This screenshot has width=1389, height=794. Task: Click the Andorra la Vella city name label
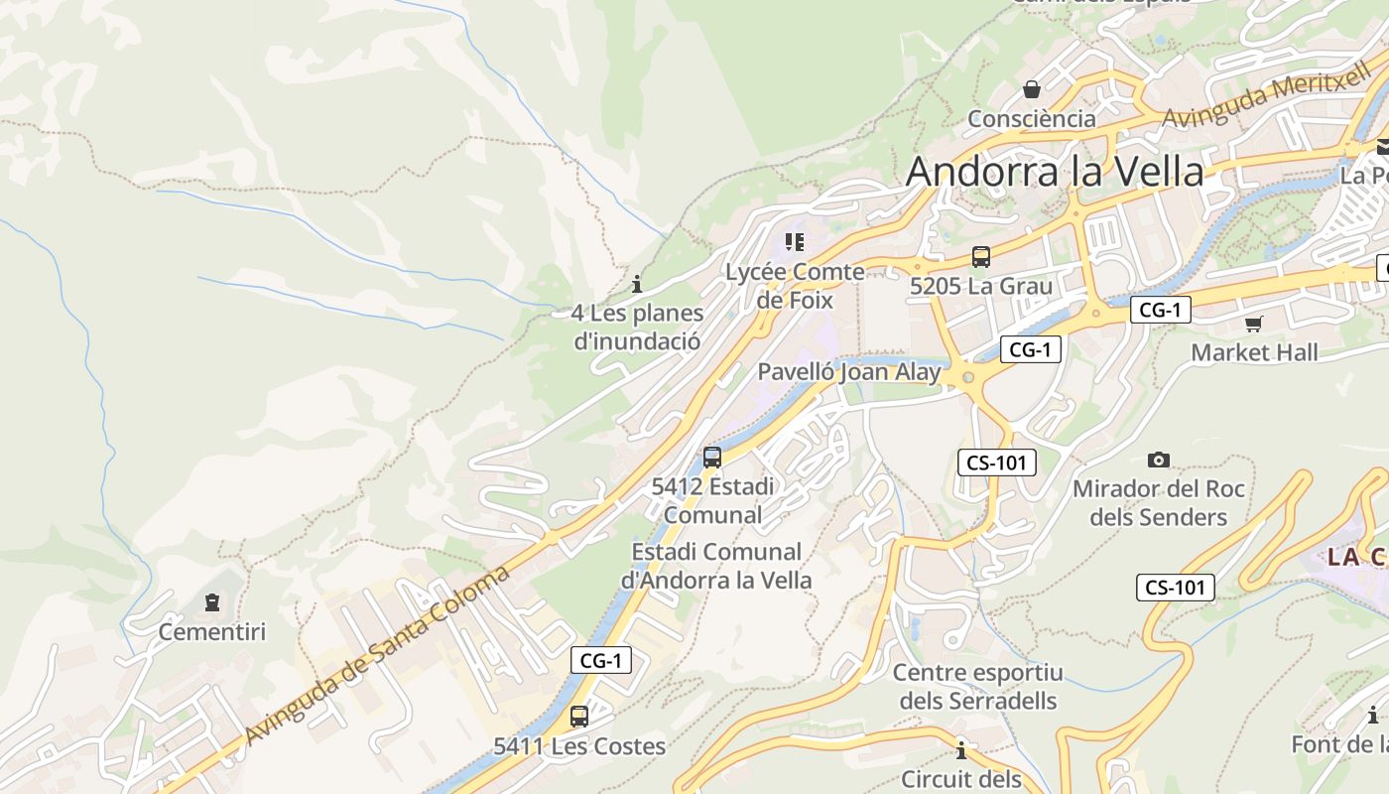(1055, 172)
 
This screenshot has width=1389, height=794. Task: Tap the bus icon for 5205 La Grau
(981, 257)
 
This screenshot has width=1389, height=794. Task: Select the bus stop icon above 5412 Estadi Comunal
(712, 458)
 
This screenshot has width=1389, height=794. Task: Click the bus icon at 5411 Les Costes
(579, 716)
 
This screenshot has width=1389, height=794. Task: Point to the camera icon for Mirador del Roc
(1158, 460)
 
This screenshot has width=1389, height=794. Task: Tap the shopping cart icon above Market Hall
(1254, 324)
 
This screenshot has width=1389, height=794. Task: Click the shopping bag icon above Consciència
(1032, 90)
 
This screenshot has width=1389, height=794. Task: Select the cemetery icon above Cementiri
(212, 602)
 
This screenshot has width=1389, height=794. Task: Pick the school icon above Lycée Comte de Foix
(794, 242)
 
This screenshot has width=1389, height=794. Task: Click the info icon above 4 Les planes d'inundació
(637, 284)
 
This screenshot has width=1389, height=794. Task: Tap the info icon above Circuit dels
(960, 749)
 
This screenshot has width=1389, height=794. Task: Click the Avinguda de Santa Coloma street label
(377, 656)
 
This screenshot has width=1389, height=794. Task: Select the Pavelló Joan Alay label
(849, 372)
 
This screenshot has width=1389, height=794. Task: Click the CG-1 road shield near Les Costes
(601, 660)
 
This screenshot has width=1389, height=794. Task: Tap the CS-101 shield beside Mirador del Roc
(997, 462)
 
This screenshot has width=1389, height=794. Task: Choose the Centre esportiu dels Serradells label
(977, 687)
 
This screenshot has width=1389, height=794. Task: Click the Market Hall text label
(1254, 352)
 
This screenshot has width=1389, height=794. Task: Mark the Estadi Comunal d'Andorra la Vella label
(716, 566)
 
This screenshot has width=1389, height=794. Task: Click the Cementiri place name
(212, 631)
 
